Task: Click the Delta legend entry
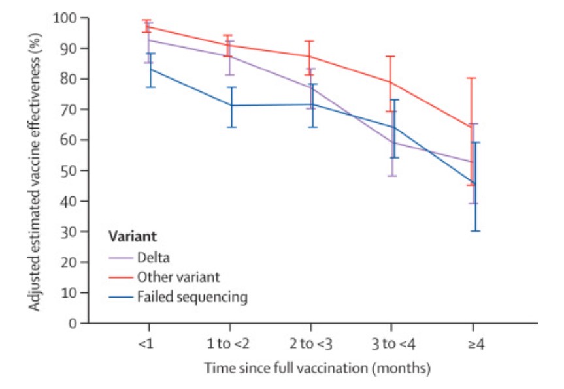click(x=153, y=257)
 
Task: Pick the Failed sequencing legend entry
click(x=192, y=297)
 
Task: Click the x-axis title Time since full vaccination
click(x=317, y=369)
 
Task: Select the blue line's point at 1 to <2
click(x=230, y=105)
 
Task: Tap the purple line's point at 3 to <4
click(x=391, y=142)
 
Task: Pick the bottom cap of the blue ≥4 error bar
click(x=475, y=230)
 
